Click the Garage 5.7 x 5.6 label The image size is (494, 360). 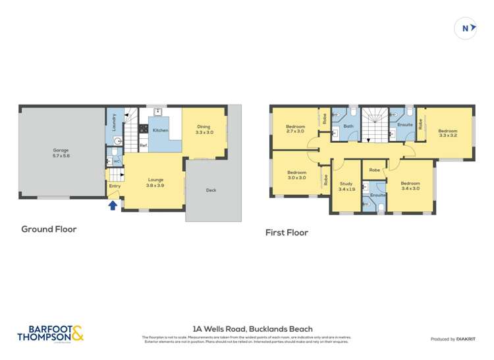point(61,153)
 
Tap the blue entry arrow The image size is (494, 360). point(113,205)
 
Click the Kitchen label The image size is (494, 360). point(160,130)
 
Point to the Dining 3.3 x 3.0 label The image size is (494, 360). point(204,130)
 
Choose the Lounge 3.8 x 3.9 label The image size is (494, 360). point(155,182)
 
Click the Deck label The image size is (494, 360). point(211,190)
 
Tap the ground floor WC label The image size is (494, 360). point(116,161)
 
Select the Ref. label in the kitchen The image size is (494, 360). point(143,145)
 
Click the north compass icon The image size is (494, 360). point(466,28)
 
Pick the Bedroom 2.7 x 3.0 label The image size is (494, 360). point(295,128)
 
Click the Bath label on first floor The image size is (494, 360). point(348,126)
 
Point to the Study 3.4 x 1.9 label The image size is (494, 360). point(346,186)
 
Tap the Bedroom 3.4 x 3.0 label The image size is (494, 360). point(410,186)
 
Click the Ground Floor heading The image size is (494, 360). point(49,229)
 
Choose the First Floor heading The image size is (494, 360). point(287,232)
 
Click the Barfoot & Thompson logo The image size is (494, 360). point(51,333)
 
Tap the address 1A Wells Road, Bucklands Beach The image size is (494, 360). point(252,329)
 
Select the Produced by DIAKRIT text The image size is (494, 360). point(453,339)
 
